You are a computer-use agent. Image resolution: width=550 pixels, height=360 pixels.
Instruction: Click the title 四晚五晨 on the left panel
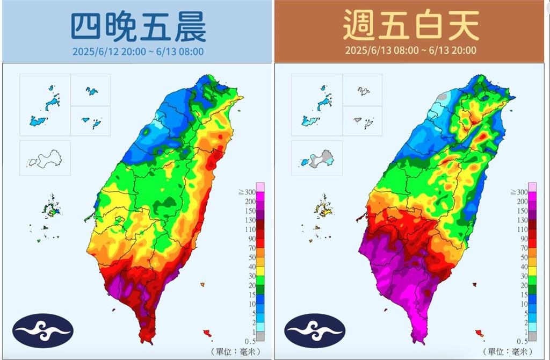coord(138,27)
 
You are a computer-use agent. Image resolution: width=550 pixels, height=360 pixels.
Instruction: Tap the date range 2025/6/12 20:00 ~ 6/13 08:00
coord(138,52)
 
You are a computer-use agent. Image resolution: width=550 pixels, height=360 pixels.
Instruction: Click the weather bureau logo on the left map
coord(42,330)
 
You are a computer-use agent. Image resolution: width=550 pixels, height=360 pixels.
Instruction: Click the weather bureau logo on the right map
coord(315,330)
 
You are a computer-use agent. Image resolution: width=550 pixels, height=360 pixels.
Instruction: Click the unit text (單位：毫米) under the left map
coord(235,351)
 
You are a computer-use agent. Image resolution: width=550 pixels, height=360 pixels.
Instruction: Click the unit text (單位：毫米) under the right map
coord(508,351)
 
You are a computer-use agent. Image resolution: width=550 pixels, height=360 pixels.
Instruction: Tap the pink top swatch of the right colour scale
coord(532,187)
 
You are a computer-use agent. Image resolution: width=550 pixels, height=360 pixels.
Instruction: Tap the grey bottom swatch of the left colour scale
coord(260,336)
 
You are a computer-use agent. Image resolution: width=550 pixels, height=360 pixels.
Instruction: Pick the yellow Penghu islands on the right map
coord(323,208)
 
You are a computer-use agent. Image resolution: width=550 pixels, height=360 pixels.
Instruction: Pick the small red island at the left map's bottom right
coord(207,333)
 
